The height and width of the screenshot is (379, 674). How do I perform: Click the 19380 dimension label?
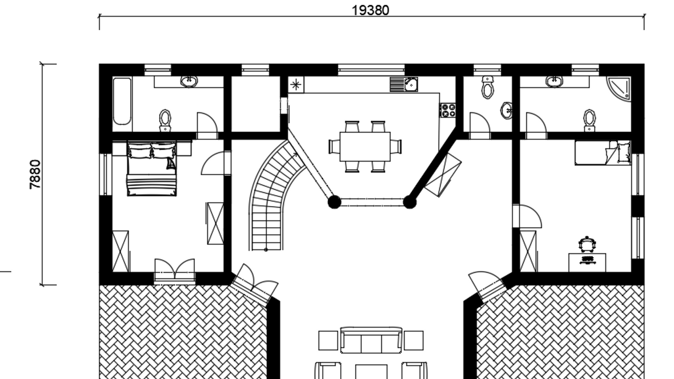coord(371,10)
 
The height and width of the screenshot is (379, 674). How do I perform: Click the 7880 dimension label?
coord(35,174)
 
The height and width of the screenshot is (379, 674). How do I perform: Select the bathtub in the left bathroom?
coord(122,102)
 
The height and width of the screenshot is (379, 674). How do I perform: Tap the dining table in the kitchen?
coord(365,147)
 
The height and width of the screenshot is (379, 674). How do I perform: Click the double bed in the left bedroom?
coord(152,169)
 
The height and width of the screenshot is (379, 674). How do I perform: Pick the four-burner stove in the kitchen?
coord(447,110)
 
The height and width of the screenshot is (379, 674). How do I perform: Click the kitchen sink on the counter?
coord(404,84)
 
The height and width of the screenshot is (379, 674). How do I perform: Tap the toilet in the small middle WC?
coord(487,88)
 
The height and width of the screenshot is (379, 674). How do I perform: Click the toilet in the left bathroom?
coord(165,120)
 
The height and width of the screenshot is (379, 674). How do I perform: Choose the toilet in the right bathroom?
coord(589,120)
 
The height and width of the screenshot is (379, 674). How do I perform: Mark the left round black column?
coord(334,202)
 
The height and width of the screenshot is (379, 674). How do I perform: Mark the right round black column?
coord(409,202)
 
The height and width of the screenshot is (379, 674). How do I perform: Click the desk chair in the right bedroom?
coord(587,245)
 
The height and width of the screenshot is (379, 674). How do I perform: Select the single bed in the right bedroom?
coord(603,152)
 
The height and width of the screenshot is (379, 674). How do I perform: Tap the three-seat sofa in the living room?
coord(371,340)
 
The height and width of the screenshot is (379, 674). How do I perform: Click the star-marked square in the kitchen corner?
coord(296,84)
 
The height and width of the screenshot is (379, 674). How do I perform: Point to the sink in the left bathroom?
coord(188,81)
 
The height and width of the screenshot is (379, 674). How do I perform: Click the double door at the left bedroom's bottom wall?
coord(175,271)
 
